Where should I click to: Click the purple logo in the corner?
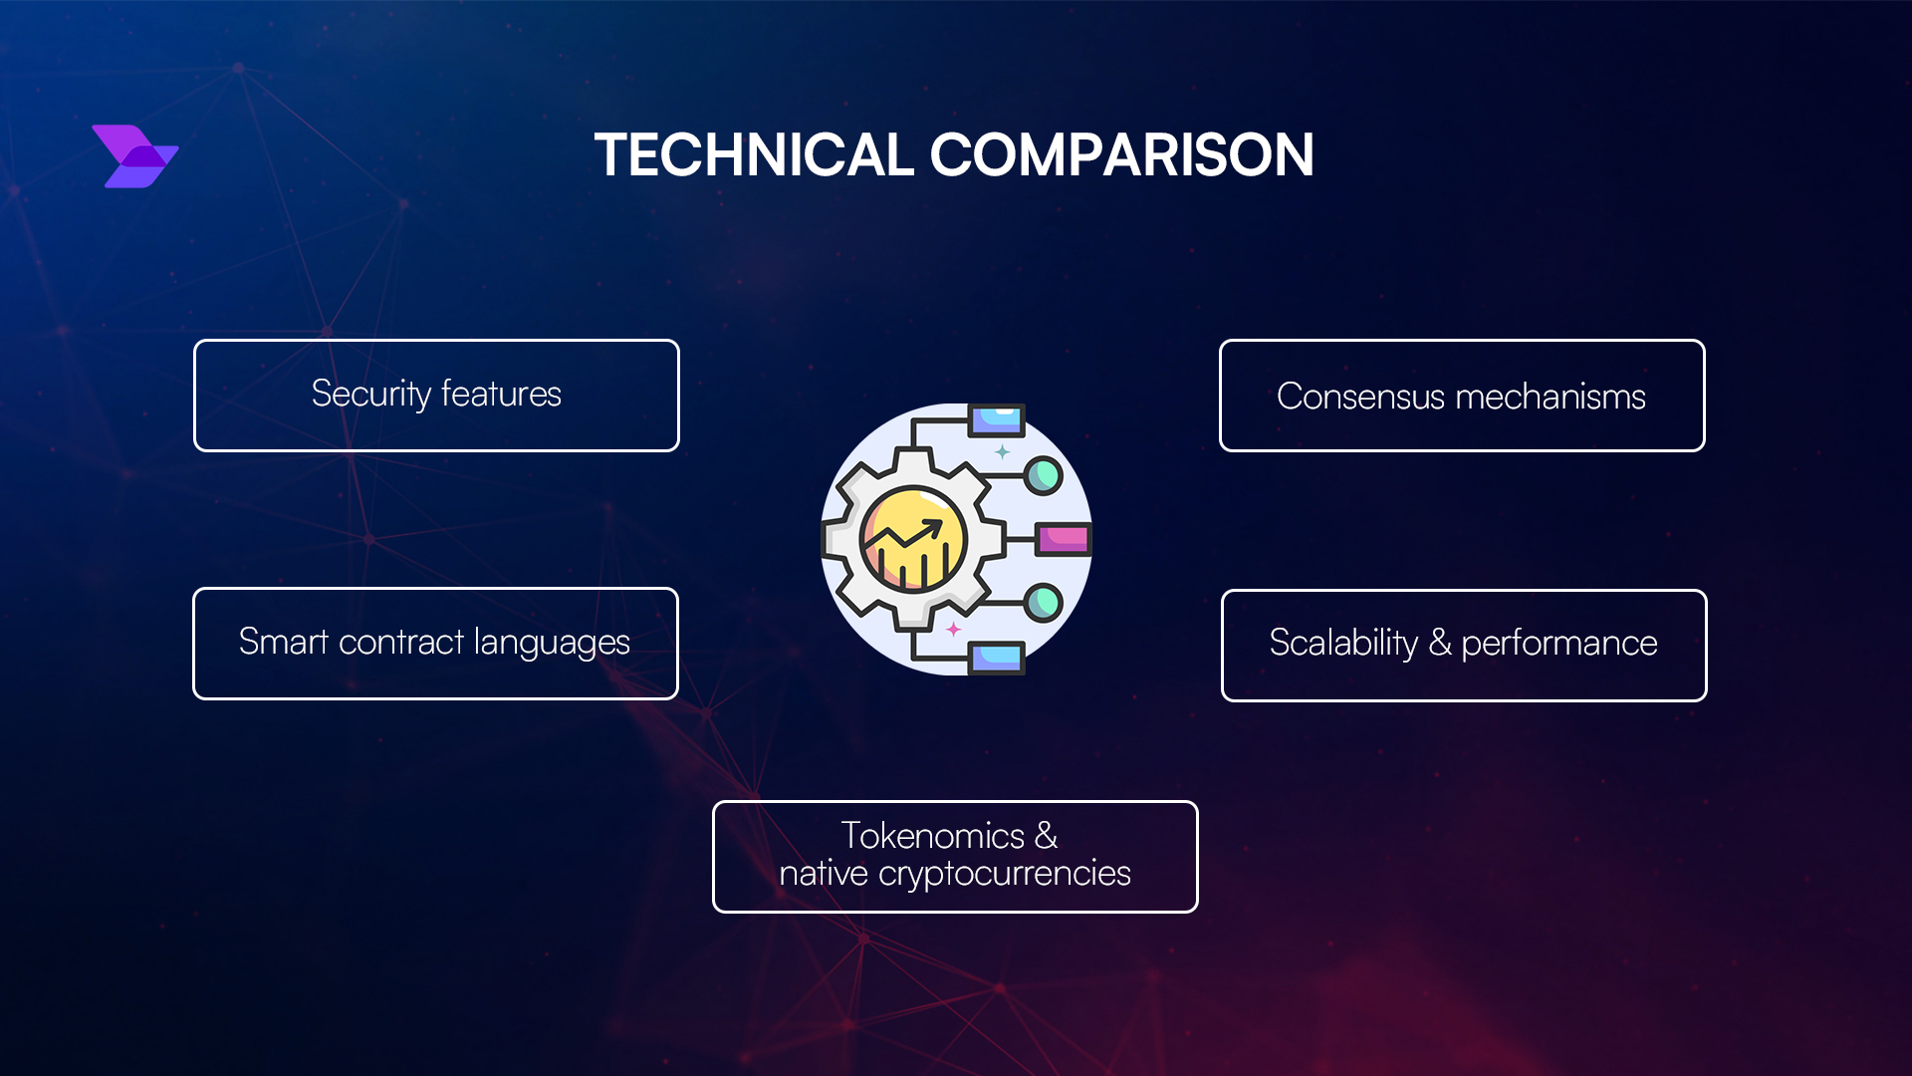point(135,156)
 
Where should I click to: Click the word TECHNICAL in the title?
point(754,155)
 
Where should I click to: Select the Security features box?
point(436,396)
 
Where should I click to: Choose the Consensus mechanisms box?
point(1461,396)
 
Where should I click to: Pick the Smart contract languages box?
point(435,644)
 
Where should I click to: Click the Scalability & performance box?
point(1463,646)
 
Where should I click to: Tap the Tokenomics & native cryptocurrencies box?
point(954,856)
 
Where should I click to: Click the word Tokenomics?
point(932,836)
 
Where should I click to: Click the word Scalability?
point(1342,643)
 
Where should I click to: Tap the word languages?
point(551,643)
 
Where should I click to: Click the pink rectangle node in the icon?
point(1063,539)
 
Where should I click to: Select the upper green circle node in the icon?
point(1043,475)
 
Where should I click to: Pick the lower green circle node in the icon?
point(1043,602)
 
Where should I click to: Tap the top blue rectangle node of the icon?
point(997,420)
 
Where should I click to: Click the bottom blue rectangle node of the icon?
point(997,657)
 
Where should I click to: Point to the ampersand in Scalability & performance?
point(1439,643)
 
